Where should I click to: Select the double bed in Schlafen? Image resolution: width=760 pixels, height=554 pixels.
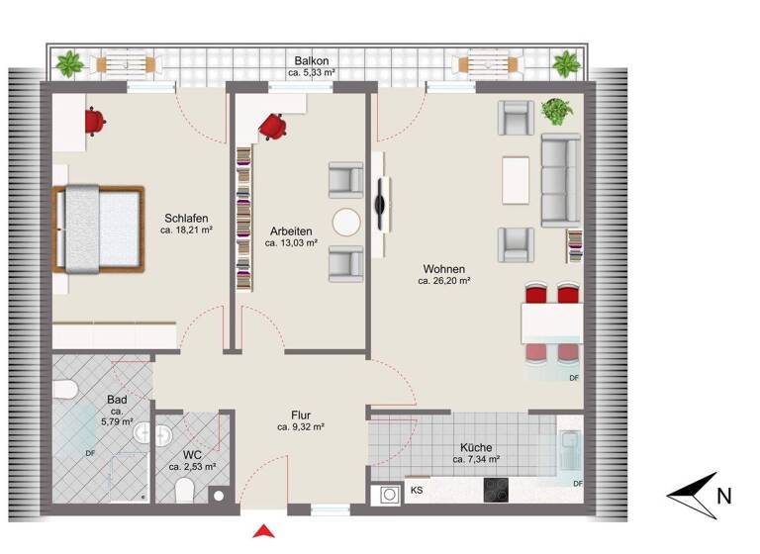point(99,230)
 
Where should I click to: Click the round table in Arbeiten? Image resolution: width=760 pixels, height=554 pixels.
point(346,223)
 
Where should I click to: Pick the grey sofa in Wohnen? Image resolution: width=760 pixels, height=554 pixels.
point(561,180)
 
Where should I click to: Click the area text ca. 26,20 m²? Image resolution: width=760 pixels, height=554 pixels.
point(443,281)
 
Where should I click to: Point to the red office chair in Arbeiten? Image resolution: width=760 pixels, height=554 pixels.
point(272,126)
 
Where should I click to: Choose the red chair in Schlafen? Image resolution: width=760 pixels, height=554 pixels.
point(95,121)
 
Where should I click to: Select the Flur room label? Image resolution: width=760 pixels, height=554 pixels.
point(302,415)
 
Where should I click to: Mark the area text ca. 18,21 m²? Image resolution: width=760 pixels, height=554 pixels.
point(187,230)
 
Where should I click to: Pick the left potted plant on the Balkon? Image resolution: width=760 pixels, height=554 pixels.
point(68,65)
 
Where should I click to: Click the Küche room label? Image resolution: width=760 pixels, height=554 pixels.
point(476,447)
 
